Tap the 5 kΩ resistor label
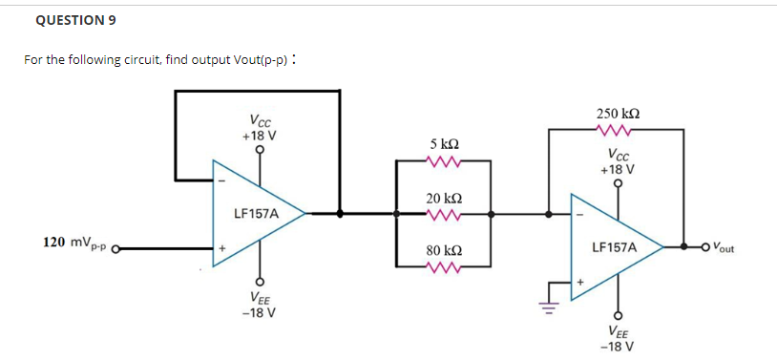point(444,143)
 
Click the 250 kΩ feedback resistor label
point(618,113)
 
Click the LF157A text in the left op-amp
point(256,214)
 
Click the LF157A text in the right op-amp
point(614,246)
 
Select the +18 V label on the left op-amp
point(259,136)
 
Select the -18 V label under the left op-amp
point(259,312)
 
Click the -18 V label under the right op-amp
point(618,346)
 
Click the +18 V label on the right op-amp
point(618,168)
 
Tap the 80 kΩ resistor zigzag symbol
point(444,269)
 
